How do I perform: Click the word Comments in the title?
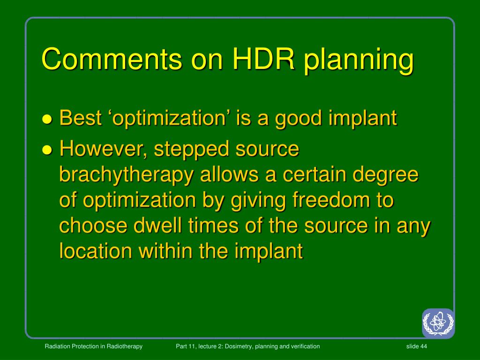pyautogui.click(x=112, y=59)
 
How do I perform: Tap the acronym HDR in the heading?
pyautogui.click(x=263, y=59)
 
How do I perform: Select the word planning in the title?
pyautogui.click(x=359, y=61)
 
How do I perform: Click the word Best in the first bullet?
pyautogui.click(x=81, y=118)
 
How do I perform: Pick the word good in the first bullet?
pyautogui.click(x=299, y=120)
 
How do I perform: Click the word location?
pyautogui.click(x=96, y=251)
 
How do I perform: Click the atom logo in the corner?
pyautogui.click(x=438, y=323)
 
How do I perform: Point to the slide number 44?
pyautogui.click(x=424, y=346)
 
